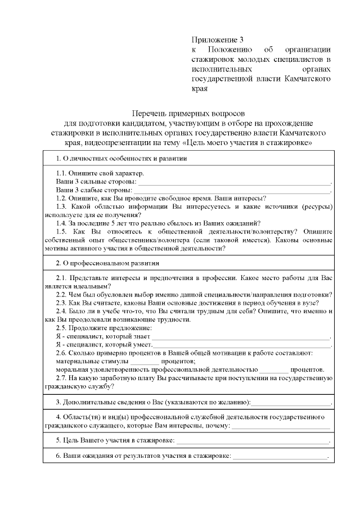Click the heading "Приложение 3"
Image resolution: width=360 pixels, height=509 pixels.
click(218, 40)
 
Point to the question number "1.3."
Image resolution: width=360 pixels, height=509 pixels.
click(64, 206)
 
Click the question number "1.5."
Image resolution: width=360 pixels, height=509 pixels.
click(64, 231)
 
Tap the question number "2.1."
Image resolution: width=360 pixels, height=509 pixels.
click(62, 278)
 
